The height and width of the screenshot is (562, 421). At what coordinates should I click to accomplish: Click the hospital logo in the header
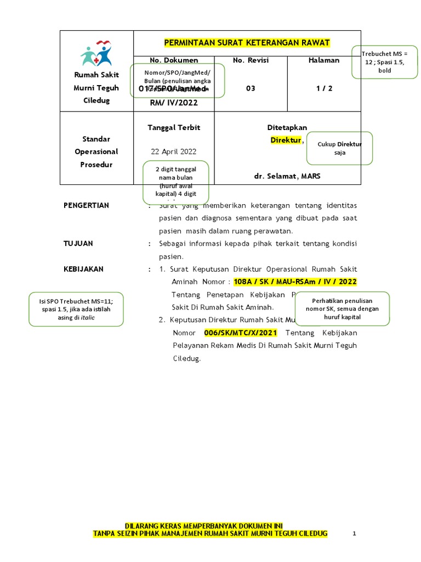[96, 54]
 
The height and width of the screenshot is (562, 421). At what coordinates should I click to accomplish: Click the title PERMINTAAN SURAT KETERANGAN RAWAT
[247, 43]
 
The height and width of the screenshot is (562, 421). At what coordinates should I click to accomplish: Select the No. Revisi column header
[251, 60]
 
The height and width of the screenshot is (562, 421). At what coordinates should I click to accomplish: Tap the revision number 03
[251, 88]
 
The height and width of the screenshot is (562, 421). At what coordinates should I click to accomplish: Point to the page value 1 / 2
[324, 88]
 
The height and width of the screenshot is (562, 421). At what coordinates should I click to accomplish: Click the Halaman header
[324, 60]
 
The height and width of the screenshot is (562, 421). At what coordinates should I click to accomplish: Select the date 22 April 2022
[174, 151]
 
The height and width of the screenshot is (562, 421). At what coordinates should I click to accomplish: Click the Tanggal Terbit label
[174, 128]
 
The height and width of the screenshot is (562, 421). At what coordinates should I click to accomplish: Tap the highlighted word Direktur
[286, 140]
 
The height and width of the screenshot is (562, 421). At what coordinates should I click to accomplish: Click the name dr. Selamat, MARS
[287, 176]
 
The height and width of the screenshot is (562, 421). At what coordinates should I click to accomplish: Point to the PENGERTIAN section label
[87, 205]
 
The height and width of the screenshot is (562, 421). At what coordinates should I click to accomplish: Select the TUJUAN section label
[78, 243]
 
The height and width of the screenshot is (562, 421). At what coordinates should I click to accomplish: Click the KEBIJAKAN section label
[83, 269]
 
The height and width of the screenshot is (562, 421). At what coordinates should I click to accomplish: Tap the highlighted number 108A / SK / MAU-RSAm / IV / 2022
[295, 282]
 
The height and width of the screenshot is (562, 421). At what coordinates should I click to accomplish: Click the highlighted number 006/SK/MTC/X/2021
[241, 333]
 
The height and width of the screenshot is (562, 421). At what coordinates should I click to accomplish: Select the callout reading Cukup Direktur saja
[339, 148]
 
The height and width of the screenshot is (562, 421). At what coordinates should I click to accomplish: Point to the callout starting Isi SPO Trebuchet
[76, 310]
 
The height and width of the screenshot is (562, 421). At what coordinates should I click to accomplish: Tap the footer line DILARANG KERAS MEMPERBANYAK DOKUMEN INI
[204, 525]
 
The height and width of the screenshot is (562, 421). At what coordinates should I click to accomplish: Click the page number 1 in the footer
[355, 533]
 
